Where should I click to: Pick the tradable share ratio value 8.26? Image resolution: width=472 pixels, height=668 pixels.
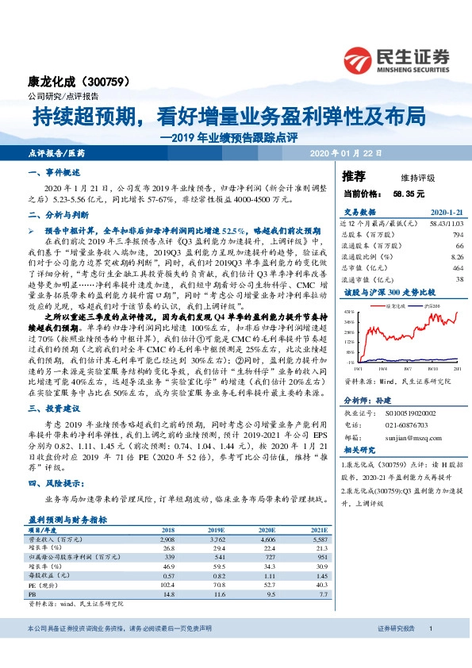pyautogui.click(x=456, y=257)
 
